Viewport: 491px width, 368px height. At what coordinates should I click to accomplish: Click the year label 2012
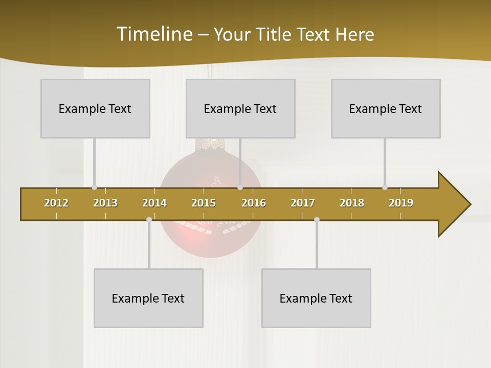pyautogui.click(x=56, y=203)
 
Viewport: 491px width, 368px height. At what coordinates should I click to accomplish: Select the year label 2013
pyautogui.click(x=105, y=203)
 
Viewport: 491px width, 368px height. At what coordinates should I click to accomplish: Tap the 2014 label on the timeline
pyautogui.click(x=154, y=203)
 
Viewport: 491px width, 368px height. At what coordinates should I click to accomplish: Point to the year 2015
pyautogui.click(x=204, y=203)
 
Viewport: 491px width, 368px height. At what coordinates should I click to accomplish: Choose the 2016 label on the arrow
pyautogui.click(x=254, y=203)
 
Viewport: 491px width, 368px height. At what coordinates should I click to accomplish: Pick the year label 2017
pyautogui.click(x=303, y=203)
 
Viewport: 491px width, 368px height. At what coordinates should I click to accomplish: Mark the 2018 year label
pyautogui.click(x=352, y=203)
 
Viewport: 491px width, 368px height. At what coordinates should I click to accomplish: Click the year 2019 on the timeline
pyautogui.click(x=401, y=203)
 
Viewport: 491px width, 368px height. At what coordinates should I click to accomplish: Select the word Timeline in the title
pyautogui.click(x=153, y=34)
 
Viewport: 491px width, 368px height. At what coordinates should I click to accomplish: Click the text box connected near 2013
pyautogui.click(x=95, y=108)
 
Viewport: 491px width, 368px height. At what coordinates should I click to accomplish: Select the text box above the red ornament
pyautogui.click(x=240, y=108)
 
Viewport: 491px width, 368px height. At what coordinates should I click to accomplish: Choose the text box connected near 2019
pyautogui.click(x=386, y=108)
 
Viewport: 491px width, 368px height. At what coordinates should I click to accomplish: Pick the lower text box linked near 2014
pyautogui.click(x=148, y=298)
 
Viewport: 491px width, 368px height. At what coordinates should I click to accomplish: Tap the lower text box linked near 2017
pyautogui.click(x=316, y=298)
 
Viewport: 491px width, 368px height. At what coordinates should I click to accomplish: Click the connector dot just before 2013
pyautogui.click(x=94, y=188)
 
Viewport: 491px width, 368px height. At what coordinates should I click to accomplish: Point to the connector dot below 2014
pyautogui.click(x=149, y=219)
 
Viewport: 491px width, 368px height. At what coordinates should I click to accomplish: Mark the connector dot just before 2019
pyautogui.click(x=385, y=188)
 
